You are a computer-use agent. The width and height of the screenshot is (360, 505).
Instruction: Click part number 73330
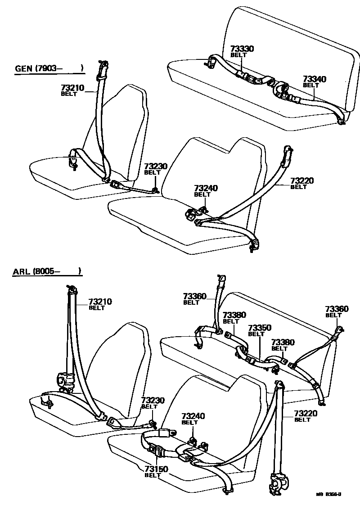243,49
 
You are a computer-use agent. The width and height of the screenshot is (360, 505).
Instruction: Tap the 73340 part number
315,79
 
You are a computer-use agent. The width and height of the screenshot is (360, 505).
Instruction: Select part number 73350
260,328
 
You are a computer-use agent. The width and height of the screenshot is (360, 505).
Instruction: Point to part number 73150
156,469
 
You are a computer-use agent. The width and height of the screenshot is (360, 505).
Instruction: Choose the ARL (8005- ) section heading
47,271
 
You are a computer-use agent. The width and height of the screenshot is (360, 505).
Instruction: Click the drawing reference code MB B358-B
328,495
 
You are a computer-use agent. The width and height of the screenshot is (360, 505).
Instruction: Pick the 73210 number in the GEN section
72,88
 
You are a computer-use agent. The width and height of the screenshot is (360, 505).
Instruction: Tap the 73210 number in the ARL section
100,302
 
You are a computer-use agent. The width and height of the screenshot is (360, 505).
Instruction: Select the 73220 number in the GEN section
301,181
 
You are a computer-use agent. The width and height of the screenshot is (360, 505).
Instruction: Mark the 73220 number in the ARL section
306,414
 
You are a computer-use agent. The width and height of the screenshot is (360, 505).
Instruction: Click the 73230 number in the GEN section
155,167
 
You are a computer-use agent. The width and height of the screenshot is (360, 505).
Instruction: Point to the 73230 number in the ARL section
153,400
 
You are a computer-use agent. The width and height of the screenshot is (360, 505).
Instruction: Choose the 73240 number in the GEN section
206,188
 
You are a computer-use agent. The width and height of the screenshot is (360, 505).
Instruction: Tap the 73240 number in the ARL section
193,417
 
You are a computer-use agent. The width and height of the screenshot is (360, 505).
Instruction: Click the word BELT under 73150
153,475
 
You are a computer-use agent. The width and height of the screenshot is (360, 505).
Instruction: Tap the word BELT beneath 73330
238,55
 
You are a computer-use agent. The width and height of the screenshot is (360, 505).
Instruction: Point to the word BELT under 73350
256,334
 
